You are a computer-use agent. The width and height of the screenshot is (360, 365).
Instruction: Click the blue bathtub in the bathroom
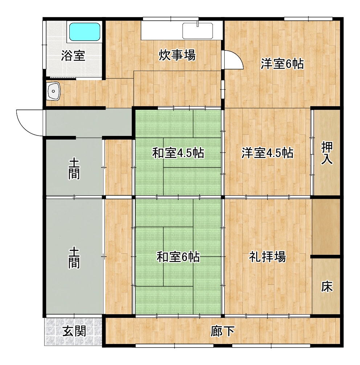(x=85, y=32)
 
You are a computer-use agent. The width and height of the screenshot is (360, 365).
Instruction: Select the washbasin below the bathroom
(x=54, y=91)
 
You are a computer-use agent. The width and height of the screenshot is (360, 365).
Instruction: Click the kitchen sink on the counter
(x=197, y=30)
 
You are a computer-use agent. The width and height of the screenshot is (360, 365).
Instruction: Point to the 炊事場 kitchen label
(x=177, y=55)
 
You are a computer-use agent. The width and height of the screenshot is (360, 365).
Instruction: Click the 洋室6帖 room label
(x=282, y=64)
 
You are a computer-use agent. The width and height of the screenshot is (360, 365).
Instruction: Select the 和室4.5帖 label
(x=178, y=153)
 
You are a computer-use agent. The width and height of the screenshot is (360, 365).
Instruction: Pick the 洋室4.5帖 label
(x=267, y=153)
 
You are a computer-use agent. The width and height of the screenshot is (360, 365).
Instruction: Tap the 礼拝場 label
(x=267, y=257)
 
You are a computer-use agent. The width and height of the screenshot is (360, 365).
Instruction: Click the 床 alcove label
(x=327, y=287)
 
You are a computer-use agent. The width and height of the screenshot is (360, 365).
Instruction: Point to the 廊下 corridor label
(x=222, y=331)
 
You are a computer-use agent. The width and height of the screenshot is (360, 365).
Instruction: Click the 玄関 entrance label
(x=74, y=331)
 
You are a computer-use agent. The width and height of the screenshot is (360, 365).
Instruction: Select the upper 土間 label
(x=74, y=169)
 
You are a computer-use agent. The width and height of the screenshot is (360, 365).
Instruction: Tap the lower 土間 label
(x=74, y=258)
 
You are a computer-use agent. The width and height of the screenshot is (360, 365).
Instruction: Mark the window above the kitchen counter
(x=171, y=19)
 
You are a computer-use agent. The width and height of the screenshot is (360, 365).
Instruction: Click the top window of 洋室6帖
(x=308, y=19)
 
